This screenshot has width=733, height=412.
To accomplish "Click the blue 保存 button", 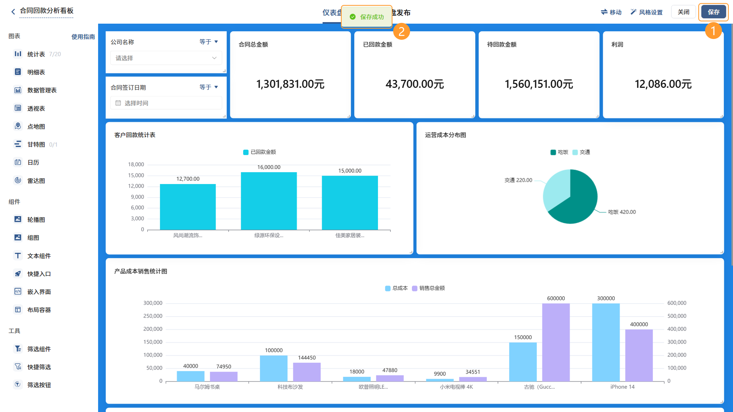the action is click(713, 12).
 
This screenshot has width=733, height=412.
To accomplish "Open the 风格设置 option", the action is click(646, 12).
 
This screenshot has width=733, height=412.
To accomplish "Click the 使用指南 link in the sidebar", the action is click(83, 37).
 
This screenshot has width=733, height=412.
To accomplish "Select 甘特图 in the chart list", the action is click(36, 144).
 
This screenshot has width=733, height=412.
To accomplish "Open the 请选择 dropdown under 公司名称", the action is click(166, 58).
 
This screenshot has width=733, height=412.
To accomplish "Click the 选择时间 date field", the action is click(166, 103).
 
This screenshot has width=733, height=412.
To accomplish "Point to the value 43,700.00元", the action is click(415, 84).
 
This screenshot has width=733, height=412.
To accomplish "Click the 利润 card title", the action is click(617, 44).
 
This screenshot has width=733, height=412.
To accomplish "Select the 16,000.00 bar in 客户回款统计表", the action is click(269, 201).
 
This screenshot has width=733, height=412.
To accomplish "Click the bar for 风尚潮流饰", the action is click(188, 207).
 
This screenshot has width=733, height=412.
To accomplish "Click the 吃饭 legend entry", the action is click(559, 152).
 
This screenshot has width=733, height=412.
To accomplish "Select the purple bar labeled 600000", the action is click(556, 343).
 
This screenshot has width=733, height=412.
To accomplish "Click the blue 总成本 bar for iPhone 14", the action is click(606, 343).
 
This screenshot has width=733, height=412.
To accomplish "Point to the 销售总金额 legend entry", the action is click(428, 288).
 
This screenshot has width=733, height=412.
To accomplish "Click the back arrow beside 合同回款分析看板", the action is click(13, 12).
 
